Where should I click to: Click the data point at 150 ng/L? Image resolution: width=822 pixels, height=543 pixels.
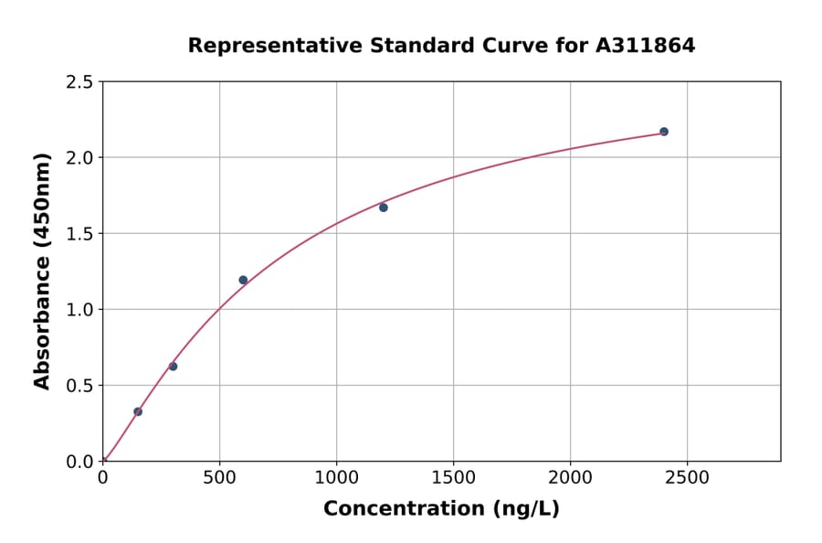[x=138, y=411]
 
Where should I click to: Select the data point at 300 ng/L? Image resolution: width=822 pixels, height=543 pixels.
[x=173, y=367]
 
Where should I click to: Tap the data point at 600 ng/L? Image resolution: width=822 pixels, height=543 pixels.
[x=243, y=280]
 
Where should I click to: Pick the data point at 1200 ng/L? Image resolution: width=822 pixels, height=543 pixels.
[x=384, y=208]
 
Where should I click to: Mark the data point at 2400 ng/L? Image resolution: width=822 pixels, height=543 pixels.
[x=664, y=132]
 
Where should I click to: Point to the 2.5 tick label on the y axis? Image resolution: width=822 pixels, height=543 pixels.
[x=79, y=82]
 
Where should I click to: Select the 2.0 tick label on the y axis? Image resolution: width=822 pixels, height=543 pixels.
[x=79, y=158]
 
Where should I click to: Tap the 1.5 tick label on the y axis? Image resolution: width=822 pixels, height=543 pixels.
[x=79, y=234]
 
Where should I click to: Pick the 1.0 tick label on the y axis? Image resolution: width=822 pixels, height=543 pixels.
[x=79, y=310]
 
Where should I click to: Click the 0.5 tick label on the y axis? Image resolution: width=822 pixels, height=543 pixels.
[x=79, y=386]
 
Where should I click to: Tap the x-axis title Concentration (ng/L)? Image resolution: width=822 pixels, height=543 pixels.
[x=441, y=509]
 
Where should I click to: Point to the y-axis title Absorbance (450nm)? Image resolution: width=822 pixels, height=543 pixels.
[x=42, y=271]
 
